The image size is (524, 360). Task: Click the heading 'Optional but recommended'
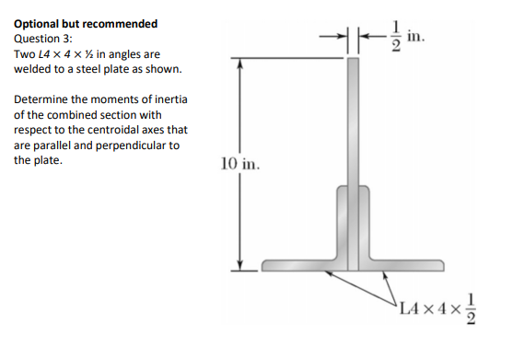click(86, 23)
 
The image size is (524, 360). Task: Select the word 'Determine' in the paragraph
click(43, 99)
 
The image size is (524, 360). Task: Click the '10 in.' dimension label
click(241, 165)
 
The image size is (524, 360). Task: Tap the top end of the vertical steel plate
click(353, 61)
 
